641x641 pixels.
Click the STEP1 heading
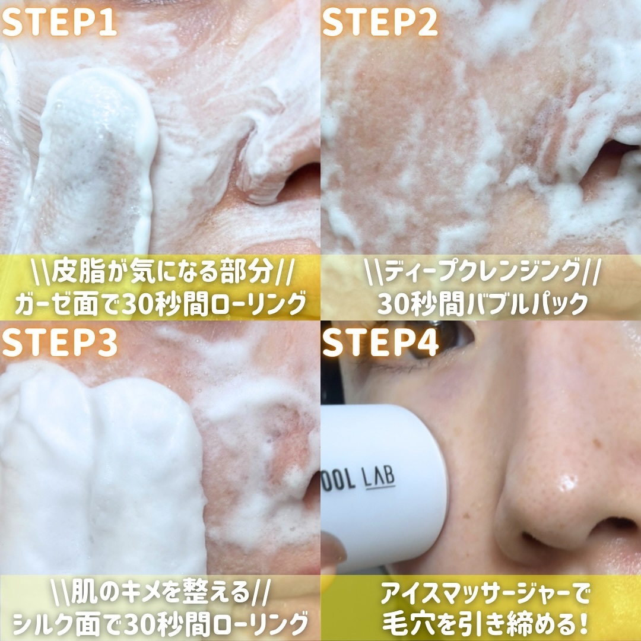60,22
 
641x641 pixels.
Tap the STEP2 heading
380,22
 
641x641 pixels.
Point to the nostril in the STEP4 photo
540,540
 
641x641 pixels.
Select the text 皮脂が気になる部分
163,271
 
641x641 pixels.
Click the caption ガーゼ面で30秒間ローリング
160,303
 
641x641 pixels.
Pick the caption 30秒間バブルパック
483,303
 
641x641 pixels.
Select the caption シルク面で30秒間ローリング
160,624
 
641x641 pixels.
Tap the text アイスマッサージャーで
485,594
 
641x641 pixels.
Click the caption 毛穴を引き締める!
485,624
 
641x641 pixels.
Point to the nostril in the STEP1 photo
300,182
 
